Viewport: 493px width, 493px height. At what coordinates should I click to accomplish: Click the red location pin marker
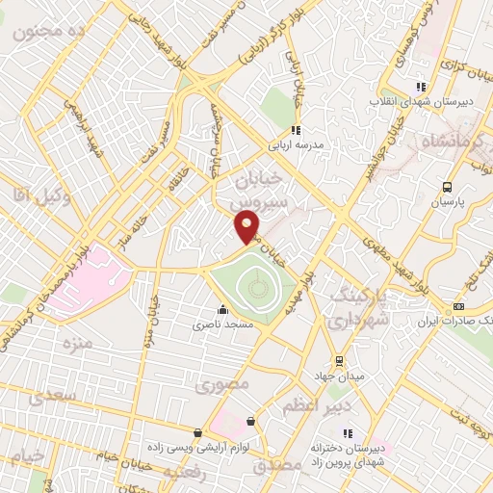(x=248, y=228)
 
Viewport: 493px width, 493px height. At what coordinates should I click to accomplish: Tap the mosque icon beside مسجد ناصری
(x=223, y=310)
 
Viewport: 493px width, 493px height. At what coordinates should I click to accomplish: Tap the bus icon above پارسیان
(x=447, y=188)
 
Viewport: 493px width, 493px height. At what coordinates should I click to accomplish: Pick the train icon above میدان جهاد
(x=339, y=360)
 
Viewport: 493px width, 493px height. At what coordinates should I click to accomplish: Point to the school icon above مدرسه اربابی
(x=297, y=129)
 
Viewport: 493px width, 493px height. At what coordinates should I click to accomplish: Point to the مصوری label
(x=222, y=385)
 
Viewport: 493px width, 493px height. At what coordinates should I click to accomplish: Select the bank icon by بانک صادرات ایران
(x=457, y=306)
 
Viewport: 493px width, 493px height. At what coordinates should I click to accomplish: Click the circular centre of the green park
(x=254, y=285)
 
